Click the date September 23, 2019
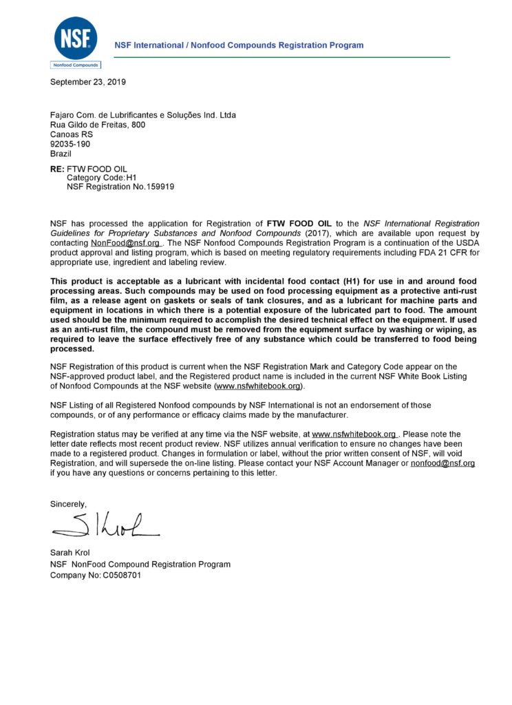click(x=88, y=83)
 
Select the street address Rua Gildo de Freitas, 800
click(x=98, y=125)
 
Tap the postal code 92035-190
click(x=70, y=144)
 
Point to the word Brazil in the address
click(x=61, y=154)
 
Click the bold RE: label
click(x=57, y=169)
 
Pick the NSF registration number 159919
click(x=154, y=187)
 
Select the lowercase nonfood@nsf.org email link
click(x=442, y=464)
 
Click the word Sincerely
click(x=69, y=504)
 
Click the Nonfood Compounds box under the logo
click(x=76, y=65)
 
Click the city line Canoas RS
click(x=71, y=134)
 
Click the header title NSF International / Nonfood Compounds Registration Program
click(x=239, y=45)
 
